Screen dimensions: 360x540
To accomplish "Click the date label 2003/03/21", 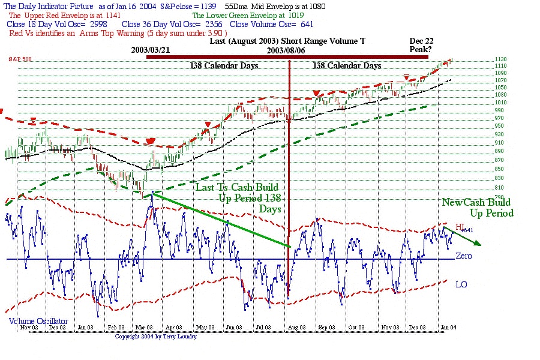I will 154,50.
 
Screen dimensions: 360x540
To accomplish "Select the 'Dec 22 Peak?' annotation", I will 421,45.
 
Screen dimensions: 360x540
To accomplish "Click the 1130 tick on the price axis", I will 484,59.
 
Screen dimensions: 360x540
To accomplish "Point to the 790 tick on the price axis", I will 484,197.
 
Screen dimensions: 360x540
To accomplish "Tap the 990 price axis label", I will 484,110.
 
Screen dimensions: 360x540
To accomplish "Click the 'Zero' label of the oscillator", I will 464,256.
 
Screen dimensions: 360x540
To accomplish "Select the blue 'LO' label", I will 461,284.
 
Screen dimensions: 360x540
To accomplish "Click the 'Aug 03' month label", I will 296,328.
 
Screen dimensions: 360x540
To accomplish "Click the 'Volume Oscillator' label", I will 38,321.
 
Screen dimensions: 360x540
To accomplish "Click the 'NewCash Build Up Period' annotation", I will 478,208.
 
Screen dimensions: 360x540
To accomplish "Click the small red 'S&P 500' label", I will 20,59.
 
